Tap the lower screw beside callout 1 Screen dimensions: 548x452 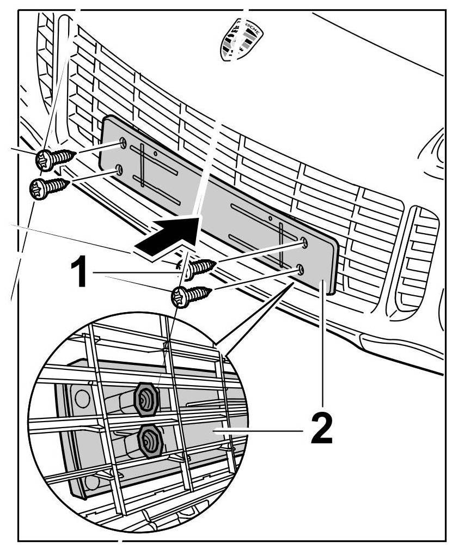[188, 296]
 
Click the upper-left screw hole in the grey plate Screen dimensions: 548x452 [123, 143]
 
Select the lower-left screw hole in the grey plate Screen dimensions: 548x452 [118, 171]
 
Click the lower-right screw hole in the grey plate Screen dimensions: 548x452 [300, 269]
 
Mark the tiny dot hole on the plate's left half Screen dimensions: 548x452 [155, 154]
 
